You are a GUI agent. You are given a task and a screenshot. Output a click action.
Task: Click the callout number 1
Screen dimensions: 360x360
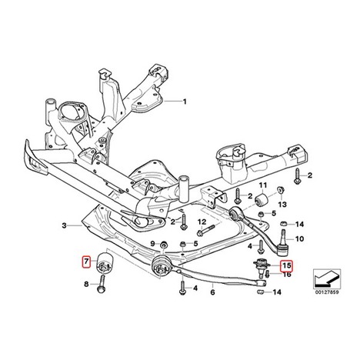pyautogui.click(x=185, y=102)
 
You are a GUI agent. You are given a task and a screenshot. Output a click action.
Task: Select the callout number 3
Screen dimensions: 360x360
pyautogui.click(x=64, y=225)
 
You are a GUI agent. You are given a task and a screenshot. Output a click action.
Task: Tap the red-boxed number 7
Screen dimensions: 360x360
pyautogui.click(x=86, y=262)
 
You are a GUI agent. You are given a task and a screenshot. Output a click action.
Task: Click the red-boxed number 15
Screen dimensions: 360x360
pyautogui.click(x=286, y=266)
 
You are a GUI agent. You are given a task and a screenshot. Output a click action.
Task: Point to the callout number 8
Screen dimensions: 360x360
pyautogui.click(x=86, y=284)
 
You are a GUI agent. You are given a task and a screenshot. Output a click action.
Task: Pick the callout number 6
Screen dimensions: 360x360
pyautogui.click(x=212, y=292)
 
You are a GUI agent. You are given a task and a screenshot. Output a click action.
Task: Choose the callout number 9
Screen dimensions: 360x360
pyautogui.click(x=152, y=243)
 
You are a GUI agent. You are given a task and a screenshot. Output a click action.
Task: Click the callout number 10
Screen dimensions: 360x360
pyautogui.click(x=299, y=239)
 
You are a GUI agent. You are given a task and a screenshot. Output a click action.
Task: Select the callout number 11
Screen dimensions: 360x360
pyautogui.click(x=262, y=185)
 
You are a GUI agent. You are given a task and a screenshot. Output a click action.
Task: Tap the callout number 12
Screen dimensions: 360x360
pyautogui.click(x=202, y=222)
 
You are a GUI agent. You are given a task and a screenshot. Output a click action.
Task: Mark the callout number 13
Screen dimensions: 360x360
pyautogui.click(x=282, y=205)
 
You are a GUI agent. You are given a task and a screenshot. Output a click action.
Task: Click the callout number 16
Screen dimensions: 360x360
pyautogui.click(x=287, y=275)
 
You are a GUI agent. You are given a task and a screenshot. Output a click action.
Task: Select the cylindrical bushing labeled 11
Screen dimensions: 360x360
pyautogui.click(x=262, y=200)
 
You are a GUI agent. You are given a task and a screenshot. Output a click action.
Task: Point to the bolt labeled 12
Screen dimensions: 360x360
pyautogui.click(x=207, y=230)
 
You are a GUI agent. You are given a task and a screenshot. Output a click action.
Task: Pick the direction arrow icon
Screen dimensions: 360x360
pyautogui.click(x=327, y=278)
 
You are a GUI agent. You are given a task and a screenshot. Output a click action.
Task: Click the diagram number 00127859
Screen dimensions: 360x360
pyautogui.click(x=327, y=292)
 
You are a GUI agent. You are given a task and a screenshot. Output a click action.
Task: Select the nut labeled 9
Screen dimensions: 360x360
pyautogui.click(x=163, y=245)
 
